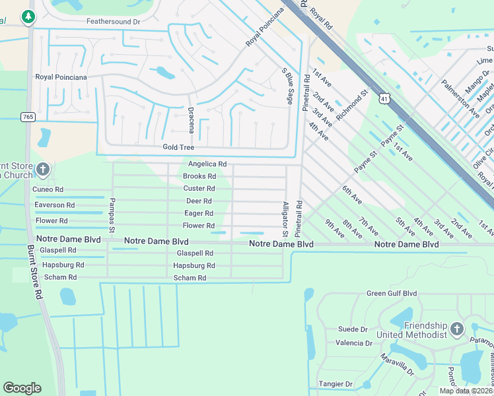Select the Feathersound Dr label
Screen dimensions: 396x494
pyautogui.click(x=114, y=22)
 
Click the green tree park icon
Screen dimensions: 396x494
pyautogui.click(x=28, y=16)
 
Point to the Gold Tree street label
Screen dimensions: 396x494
pyautogui.click(x=178, y=148)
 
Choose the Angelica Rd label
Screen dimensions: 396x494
pyautogui.click(x=207, y=164)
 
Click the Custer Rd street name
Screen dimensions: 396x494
pyautogui.click(x=199, y=189)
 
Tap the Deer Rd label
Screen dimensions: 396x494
pyautogui.click(x=199, y=201)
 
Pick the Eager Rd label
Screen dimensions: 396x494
pyautogui.click(x=199, y=213)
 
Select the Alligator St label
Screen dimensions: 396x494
pyautogui.click(x=285, y=219)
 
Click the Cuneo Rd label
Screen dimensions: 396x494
pyautogui.click(x=48, y=189)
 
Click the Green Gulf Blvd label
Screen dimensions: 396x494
pyautogui.click(x=392, y=294)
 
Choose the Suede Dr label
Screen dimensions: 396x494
pyautogui.click(x=352, y=329)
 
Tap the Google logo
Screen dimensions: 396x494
pyautogui.click(x=22, y=388)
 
